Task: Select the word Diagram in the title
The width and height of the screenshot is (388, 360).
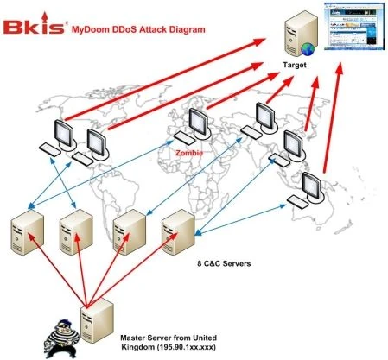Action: click(x=186, y=28)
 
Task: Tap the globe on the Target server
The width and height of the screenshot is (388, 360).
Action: click(x=301, y=46)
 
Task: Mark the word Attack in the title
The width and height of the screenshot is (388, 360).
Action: click(x=149, y=28)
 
